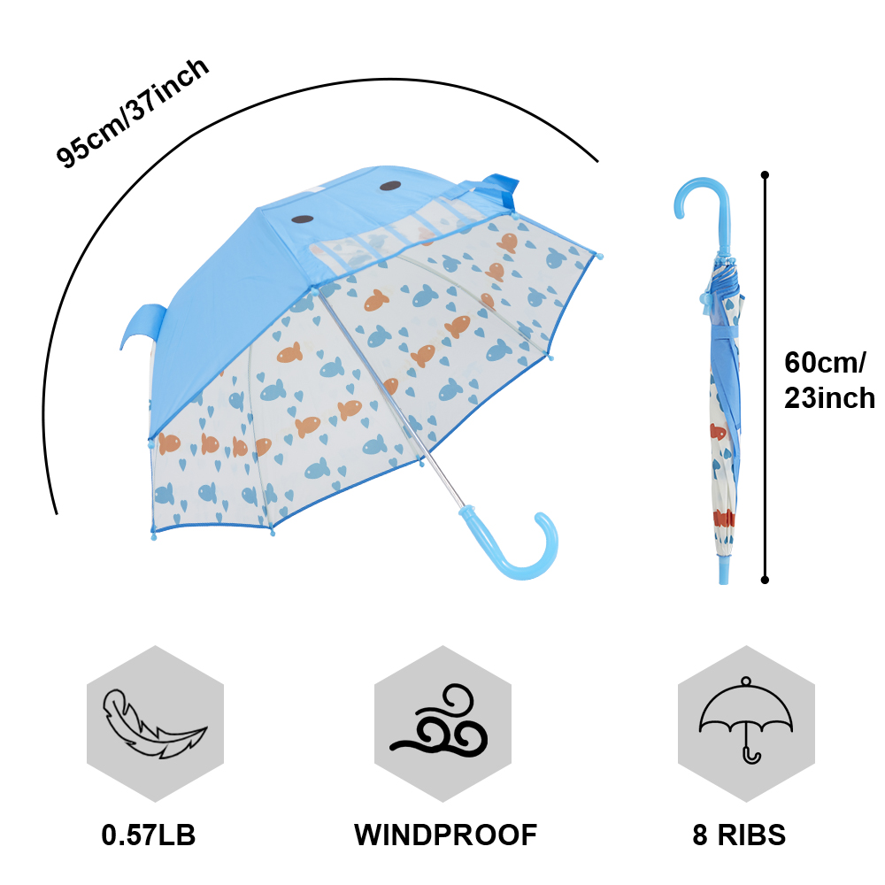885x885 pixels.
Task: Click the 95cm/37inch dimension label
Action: click(133, 112)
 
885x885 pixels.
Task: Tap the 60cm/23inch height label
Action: click(828, 380)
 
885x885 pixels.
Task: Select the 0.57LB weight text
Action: click(149, 834)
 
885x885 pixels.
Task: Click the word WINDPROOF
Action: click(445, 834)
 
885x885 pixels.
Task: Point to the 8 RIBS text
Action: click(739, 834)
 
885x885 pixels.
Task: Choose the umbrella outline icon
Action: click(746, 720)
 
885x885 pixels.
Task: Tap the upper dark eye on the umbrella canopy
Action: click(390, 186)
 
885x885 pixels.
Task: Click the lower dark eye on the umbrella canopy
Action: click(303, 219)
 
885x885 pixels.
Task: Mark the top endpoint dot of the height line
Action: click(765, 175)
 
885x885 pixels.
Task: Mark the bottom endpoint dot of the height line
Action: click(765, 581)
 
